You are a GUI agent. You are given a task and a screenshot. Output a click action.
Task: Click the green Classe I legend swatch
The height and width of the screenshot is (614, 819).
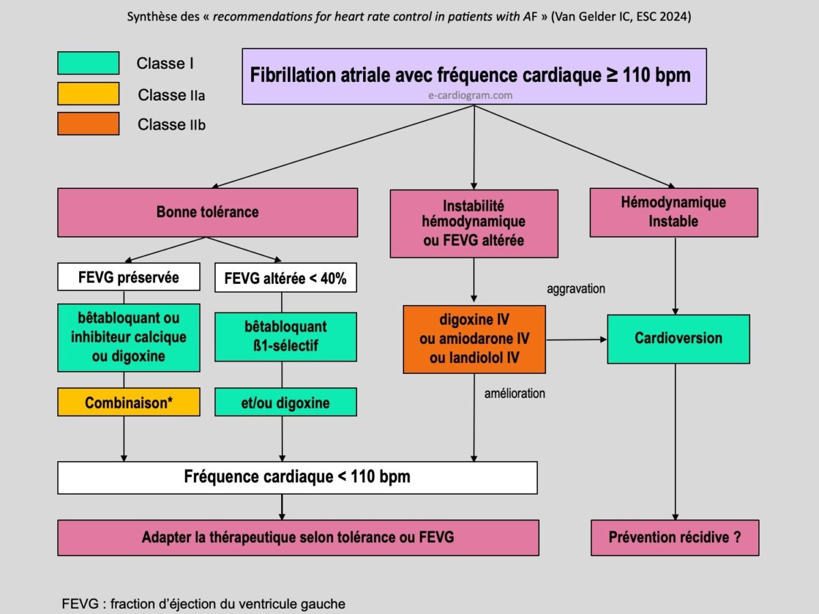(x=88, y=63)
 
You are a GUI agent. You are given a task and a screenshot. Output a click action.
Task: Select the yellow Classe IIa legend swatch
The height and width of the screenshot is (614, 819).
(x=88, y=93)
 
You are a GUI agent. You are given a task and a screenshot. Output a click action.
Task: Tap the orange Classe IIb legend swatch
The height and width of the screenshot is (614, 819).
(x=88, y=123)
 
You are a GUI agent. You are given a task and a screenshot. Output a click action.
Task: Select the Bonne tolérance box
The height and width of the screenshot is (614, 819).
(x=207, y=212)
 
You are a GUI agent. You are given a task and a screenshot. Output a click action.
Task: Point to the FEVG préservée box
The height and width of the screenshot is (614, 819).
(x=129, y=278)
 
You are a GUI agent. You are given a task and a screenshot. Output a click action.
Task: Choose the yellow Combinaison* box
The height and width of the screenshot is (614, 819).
(x=129, y=403)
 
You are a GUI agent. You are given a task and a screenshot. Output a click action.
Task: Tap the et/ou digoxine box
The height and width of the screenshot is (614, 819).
(x=285, y=403)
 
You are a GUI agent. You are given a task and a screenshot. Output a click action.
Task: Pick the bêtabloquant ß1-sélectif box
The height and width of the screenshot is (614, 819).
(x=285, y=336)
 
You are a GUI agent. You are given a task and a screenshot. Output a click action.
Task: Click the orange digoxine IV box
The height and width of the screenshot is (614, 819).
(x=474, y=339)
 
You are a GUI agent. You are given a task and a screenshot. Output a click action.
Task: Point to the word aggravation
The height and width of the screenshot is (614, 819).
(x=576, y=289)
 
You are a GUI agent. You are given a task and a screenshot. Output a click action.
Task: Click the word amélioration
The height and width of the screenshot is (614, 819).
(x=515, y=394)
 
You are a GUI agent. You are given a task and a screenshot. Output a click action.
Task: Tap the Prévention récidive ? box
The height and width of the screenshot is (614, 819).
(x=674, y=538)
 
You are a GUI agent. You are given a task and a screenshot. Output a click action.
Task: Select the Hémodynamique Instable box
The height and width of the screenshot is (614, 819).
(x=674, y=212)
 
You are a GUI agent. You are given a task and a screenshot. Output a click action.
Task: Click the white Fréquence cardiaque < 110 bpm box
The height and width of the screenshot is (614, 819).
(x=297, y=477)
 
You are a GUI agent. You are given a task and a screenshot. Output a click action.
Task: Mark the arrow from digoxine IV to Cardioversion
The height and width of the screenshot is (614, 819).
(x=577, y=339)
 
